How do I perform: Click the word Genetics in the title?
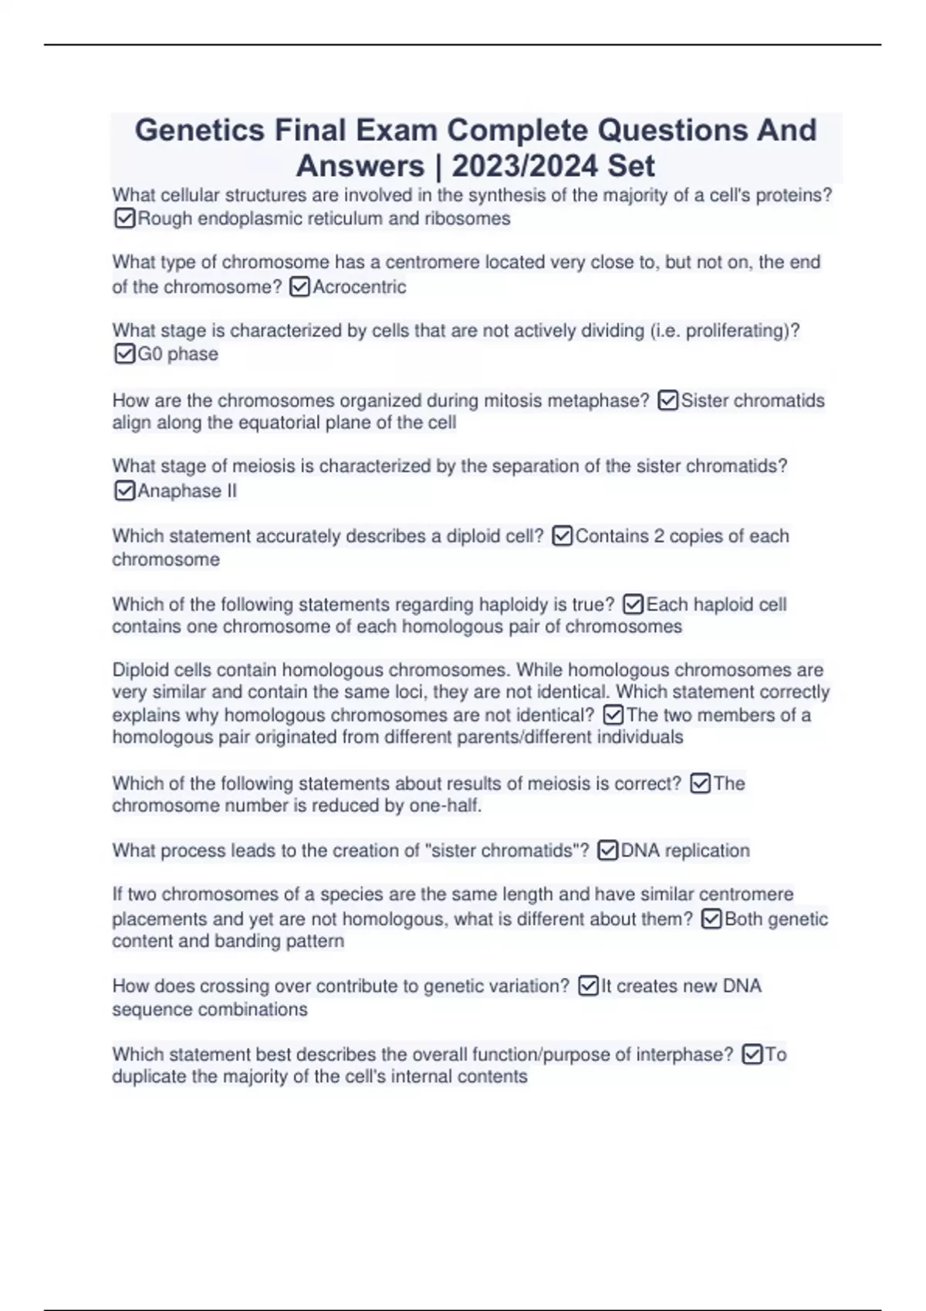200,130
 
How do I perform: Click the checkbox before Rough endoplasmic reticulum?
124,219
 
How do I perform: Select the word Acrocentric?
359,287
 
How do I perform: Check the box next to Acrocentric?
299,287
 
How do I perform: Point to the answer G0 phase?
177,354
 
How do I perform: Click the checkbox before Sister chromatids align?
668,401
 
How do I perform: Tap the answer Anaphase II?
187,491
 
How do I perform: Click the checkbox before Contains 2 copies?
563,536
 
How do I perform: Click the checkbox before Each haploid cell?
633,605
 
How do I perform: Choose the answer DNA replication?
685,851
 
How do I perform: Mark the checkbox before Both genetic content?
711,919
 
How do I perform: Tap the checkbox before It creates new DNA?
588,986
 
